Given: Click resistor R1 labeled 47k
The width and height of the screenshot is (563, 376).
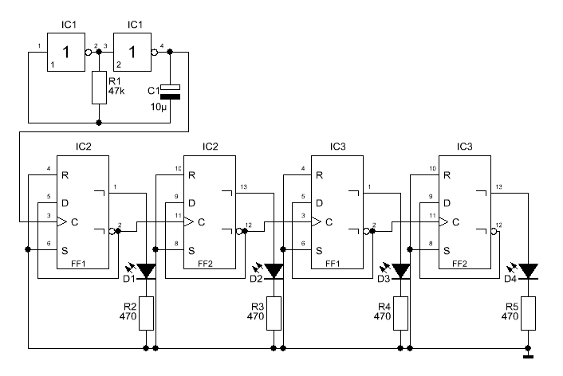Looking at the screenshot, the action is [x=99, y=88].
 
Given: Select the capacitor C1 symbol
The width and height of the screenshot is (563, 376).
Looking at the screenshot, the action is [x=170, y=92].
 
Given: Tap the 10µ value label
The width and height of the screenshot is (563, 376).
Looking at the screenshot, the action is [x=159, y=107].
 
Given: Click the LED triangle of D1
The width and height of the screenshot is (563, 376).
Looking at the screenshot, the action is [x=147, y=271].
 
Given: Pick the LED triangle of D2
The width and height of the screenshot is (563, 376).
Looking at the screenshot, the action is [x=274, y=271].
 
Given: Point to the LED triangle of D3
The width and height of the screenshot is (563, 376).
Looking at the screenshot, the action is [x=401, y=271].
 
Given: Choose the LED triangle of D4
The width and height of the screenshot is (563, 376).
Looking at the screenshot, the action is [x=529, y=271].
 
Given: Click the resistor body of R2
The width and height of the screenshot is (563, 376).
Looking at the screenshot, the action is [x=146, y=313].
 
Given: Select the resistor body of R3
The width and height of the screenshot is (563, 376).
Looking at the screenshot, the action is [x=274, y=313].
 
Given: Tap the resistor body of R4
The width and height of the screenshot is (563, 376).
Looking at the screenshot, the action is [x=400, y=313].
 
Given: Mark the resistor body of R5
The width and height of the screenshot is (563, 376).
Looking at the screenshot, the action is [x=528, y=313].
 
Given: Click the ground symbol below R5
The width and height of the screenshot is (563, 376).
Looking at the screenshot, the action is [x=528, y=356].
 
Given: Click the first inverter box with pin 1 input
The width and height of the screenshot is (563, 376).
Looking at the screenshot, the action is [x=66, y=53].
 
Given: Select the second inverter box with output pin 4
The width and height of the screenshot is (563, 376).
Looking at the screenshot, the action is [x=132, y=53].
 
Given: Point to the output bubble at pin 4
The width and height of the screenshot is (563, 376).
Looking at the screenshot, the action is [x=155, y=53].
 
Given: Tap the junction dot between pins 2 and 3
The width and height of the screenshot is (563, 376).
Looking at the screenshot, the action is [x=99, y=52].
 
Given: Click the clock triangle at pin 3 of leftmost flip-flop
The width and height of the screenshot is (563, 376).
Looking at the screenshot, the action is [x=62, y=222].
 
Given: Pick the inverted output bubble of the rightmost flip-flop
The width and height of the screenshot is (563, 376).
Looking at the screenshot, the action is [x=494, y=231].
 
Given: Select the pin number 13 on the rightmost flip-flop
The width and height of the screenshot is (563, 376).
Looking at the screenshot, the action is [x=498, y=186].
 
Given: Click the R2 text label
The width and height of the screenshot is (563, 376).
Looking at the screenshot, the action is [x=130, y=307].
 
